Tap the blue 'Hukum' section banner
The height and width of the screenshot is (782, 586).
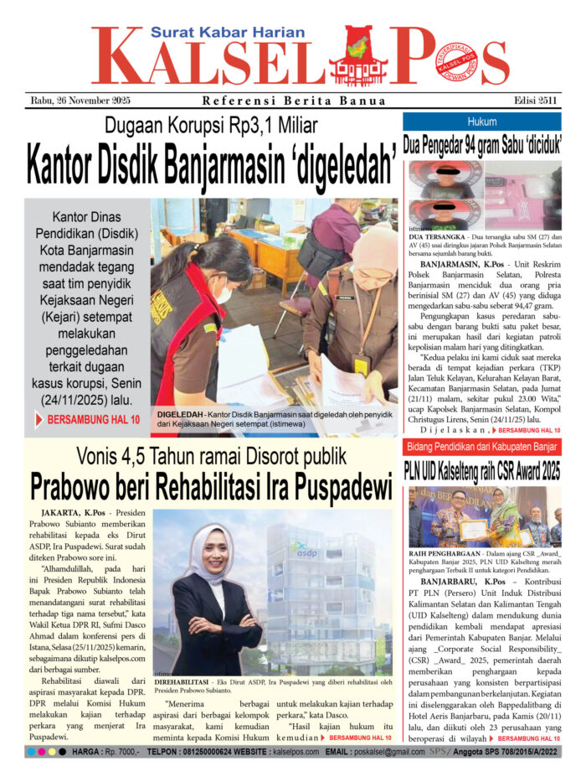[x=481, y=121]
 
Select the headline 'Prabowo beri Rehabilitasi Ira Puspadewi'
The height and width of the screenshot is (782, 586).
[x=211, y=486]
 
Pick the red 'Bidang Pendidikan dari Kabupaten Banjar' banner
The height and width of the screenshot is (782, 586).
[x=481, y=446]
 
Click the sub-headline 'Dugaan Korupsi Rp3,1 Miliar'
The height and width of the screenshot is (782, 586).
[x=211, y=127]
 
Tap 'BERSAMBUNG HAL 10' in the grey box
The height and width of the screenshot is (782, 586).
[x=94, y=418]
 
